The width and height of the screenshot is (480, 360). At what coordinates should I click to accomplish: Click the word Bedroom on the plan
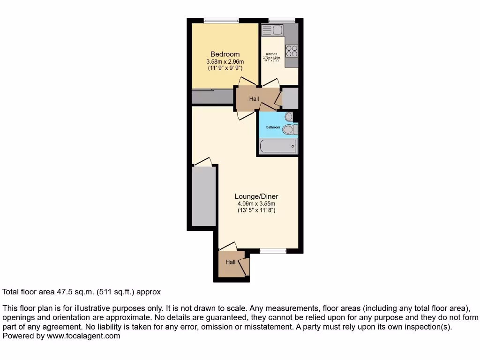tap(225, 54)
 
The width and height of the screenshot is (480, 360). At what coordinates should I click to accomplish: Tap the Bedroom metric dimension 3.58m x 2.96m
tap(225, 61)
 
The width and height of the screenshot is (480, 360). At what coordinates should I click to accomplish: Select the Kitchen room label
tap(271, 54)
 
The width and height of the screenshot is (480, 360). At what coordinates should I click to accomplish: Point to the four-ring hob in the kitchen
tap(292, 50)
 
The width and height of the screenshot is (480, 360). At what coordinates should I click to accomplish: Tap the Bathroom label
tap(273, 127)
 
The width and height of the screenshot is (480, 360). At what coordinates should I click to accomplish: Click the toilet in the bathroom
tap(289, 128)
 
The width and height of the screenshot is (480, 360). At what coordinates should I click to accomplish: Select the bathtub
tap(278, 146)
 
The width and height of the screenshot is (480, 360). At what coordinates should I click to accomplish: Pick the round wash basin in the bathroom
tap(288, 117)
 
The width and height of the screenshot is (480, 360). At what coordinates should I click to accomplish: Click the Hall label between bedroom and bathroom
tap(254, 99)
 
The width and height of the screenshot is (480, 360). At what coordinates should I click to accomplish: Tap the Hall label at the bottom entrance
tap(230, 262)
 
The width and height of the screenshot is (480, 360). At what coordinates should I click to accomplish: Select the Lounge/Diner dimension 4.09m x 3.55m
tap(256, 204)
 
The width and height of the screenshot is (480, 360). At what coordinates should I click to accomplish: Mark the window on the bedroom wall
tap(221, 20)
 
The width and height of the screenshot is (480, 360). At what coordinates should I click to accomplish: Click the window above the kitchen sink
tap(282, 20)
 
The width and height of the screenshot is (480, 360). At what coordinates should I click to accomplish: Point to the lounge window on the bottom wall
tap(273, 251)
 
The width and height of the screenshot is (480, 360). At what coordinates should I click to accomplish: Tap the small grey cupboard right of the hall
tap(290, 98)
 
